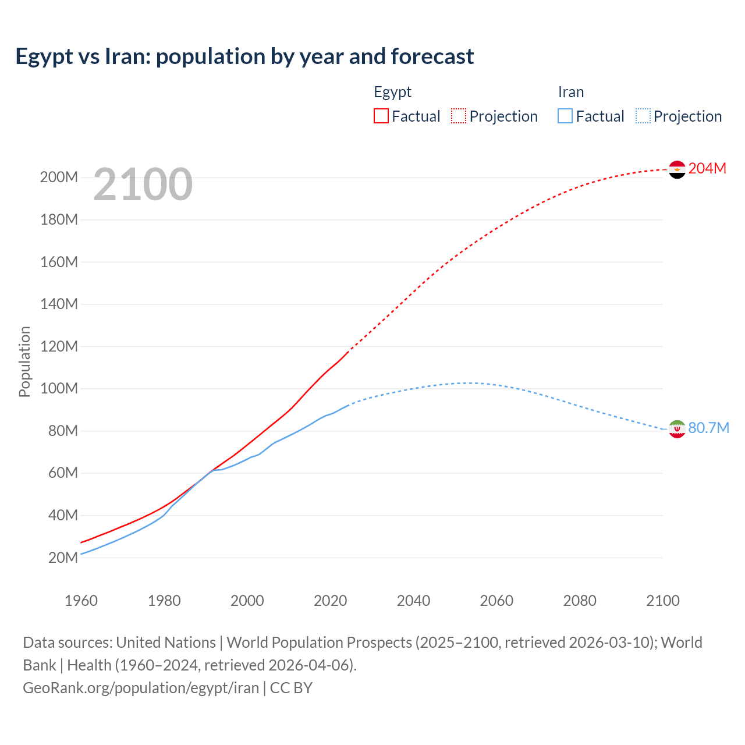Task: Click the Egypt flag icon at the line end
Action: pyautogui.click(x=677, y=169)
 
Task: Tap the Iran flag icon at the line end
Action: pyautogui.click(x=677, y=429)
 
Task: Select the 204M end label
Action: pyautogui.click(x=707, y=168)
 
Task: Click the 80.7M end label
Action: pyautogui.click(x=708, y=428)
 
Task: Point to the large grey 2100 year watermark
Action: pyautogui.click(x=143, y=185)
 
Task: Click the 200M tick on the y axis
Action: pyautogui.click(x=59, y=178)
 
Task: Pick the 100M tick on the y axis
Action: pyautogui.click(x=59, y=388)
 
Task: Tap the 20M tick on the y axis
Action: pyautogui.click(x=63, y=558)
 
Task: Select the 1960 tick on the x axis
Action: pyautogui.click(x=81, y=601)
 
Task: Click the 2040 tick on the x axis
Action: pyautogui.click(x=413, y=601)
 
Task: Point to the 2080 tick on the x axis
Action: pyautogui.click(x=580, y=601)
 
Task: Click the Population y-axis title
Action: pyautogui.click(x=24, y=361)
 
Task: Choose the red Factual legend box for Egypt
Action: pyautogui.click(x=381, y=116)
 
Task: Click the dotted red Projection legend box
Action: pyautogui.click(x=459, y=116)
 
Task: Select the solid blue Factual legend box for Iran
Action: pyautogui.click(x=565, y=116)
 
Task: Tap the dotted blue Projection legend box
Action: pyautogui.click(x=643, y=116)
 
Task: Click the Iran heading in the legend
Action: pyautogui.click(x=570, y=92)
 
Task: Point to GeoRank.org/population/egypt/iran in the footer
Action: pyautogui.click(x=141, y=688)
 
